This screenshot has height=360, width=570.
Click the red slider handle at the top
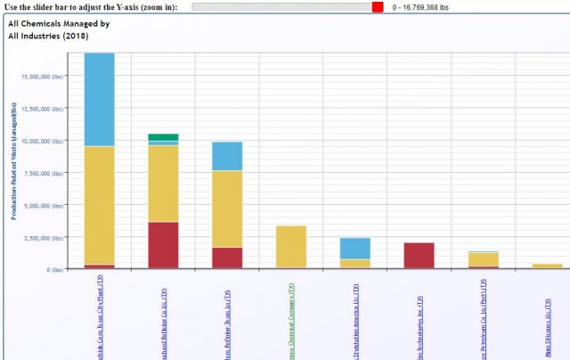tap(378, 7)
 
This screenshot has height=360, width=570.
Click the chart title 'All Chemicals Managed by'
tap(59, 24)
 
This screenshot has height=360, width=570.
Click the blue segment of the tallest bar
tap(100, 98)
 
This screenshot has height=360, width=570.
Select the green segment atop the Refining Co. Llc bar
tap(164, 137)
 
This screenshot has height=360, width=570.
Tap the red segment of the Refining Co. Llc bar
tap(164, 245)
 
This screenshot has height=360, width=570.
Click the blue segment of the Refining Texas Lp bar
tap(227, 156)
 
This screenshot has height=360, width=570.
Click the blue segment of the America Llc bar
tap(355, 248)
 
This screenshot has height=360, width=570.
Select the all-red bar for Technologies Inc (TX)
tap(419, 255)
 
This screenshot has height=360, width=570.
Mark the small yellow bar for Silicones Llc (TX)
tap(547, 266)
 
